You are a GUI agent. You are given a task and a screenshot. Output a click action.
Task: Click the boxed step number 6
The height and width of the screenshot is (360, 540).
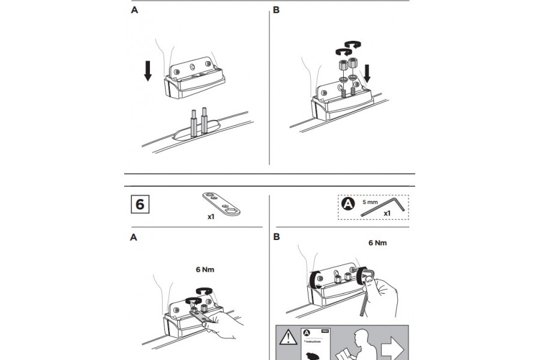[x=140, y=204]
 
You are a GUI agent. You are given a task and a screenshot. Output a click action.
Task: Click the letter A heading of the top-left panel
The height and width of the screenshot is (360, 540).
[x=134, y=10]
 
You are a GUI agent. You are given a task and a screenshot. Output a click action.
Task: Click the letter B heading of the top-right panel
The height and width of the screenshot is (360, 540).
[x=277, y=10]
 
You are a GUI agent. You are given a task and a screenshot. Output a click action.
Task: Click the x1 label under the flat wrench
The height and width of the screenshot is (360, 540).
[x=211, y=217]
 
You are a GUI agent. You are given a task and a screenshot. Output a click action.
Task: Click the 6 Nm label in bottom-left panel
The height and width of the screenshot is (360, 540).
[x=205, y=269]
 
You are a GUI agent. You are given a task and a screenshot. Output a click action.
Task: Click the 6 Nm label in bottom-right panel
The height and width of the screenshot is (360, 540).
[x=377, y=244]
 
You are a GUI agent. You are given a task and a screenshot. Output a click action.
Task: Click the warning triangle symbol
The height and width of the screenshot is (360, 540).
[x=287, y=337]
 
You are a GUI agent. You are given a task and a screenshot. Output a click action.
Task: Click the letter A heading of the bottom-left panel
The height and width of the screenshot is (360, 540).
[x=134, y=238]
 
